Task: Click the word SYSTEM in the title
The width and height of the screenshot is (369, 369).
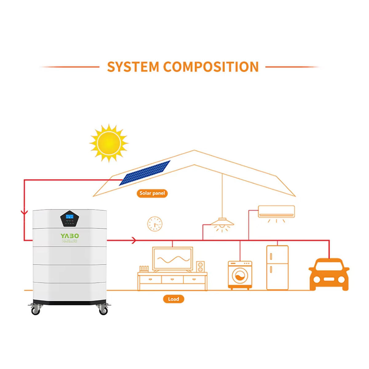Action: (133, 67)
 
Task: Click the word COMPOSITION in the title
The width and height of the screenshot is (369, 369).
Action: (211, 67)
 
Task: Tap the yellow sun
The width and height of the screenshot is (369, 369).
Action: (109, 143)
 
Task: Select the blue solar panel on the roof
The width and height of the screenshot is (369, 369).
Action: (145, 173)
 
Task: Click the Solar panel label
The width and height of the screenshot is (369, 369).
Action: (152, 193)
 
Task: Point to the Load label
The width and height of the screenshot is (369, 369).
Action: (173, 299)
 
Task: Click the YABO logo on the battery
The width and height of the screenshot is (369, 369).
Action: (69, 236)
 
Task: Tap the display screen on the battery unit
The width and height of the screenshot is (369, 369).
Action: (69, 217)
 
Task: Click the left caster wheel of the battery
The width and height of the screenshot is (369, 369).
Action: (36, 311)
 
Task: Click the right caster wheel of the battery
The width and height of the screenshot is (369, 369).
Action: (103, 311)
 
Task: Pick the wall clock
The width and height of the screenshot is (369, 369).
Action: (155, 224)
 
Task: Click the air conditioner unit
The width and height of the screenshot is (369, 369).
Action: (276, 211)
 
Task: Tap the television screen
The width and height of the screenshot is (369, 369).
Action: (173, 259)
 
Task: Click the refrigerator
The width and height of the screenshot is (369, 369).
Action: (277, 267)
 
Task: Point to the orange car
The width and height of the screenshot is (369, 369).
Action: (329, 274)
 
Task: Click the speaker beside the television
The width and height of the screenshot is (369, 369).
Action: (200, 267)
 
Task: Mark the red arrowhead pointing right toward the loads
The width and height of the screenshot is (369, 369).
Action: (133, 240)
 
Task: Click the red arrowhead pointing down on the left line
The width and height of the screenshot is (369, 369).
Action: (24, 212)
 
